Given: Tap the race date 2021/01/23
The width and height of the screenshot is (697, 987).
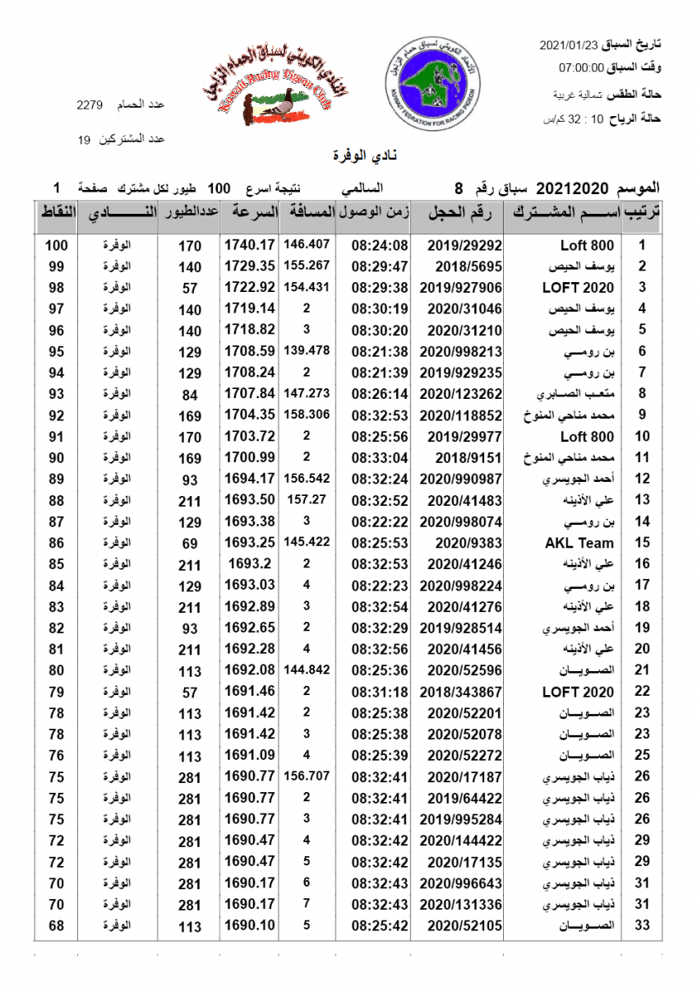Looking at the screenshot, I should coord(567,44).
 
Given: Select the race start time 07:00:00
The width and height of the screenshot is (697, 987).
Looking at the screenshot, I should coord(581,67).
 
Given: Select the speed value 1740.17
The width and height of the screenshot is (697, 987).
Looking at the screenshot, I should coord(249,245).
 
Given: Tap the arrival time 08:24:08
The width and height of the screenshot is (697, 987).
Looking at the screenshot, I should coord(380,245).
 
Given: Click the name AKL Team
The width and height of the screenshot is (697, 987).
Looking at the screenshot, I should coord(579,543).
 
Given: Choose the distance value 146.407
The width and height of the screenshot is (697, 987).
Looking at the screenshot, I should coord(307,244).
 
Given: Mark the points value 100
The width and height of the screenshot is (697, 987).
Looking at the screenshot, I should coord(57,245).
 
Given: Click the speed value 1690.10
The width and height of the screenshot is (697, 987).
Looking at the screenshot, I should coord(249,926).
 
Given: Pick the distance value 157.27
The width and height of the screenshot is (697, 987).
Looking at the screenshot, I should coord(307,499).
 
